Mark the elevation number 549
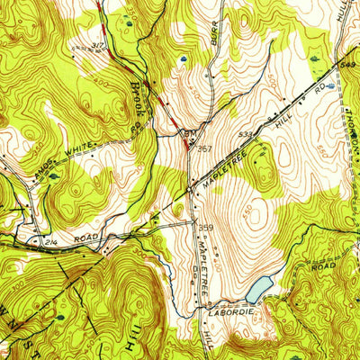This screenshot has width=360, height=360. coord(349,64)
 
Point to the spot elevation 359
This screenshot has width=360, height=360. coord(205,227)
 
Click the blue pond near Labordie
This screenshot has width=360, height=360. coord(258,289)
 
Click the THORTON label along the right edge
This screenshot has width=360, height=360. coord(349,126)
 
